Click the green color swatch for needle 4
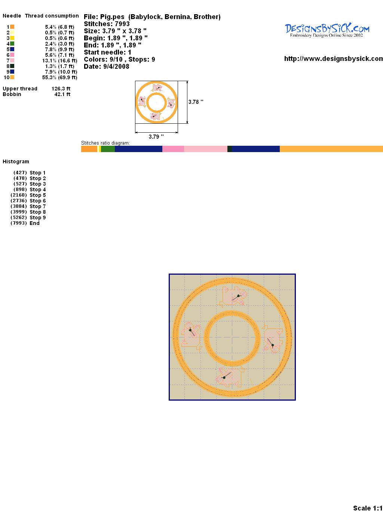pos(12,44)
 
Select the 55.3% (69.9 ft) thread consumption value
pos(59,77)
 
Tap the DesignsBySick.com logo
pos(327,30)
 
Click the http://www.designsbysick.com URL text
pos(334,59)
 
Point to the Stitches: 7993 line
pos(107,24)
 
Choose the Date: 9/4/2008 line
pos(107,67)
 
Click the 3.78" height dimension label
pos(196,102)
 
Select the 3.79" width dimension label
pos(156,137)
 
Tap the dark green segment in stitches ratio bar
pos(229,149)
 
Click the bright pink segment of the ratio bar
pos(173,149)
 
